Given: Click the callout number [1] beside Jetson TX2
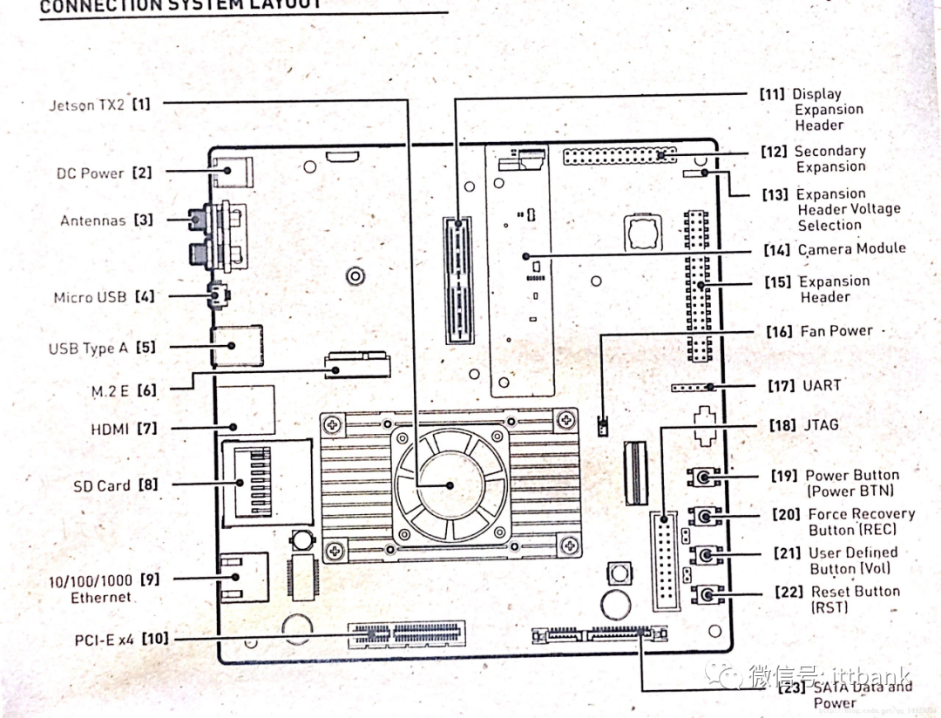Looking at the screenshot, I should pyautogui.click(x=141, y=105).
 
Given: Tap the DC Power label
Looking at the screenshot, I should pyautogui.click(x=91, y=173).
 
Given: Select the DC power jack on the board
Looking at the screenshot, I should pyautogui.click(x=231, y=171).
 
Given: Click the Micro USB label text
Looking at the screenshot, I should pyautogui.click(x=91, y=297).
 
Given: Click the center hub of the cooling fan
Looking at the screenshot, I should pyautogui.click(x=450, y=484).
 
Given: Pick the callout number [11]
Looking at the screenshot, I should pyautogui.click(x=772, y=94).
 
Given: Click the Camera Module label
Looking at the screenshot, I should pyautogui.click(x=851, y=249).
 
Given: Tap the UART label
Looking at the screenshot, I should pyautogui.click(x=822, y=385).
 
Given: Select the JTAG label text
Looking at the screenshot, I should pyautogui.click(x=820, y=425).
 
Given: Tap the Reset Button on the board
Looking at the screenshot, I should pyautogui.click(x=706, y=595).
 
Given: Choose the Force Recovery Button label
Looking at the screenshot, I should pyautogui.click(x=861, y=522).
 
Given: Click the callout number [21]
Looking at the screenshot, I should pyautogui.click(x=789, y=553).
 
